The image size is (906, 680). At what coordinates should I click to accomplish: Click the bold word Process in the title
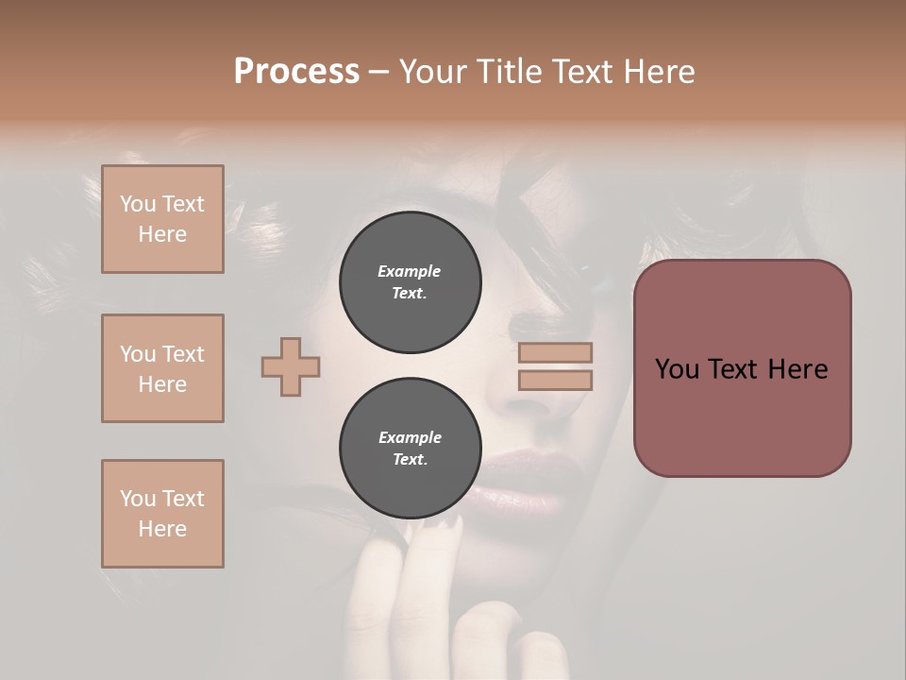point(296,72)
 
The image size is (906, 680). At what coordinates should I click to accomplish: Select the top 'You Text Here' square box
point(162,219)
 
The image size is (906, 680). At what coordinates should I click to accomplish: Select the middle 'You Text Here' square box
point(162,368)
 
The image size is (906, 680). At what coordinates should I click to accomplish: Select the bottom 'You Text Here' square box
point(162,514)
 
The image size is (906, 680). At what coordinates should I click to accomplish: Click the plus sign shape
point(291,366)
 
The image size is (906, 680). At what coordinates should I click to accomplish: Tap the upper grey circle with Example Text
point(410,282)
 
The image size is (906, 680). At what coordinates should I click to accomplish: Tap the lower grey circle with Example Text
point(410,449)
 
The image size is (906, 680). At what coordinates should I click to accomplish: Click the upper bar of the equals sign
point(555,353)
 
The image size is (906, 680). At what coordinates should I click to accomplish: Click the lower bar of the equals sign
point(555,381)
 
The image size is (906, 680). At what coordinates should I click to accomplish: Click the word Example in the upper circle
point(410,271)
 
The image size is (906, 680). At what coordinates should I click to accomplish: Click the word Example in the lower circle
point(410,437)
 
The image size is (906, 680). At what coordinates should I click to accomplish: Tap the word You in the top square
point(138,204)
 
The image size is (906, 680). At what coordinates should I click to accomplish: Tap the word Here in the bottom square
point(162,529)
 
